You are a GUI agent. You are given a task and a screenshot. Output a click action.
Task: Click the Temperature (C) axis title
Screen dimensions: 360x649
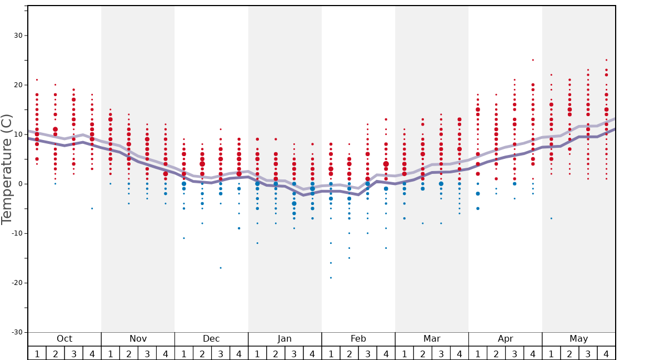tap(7, 169)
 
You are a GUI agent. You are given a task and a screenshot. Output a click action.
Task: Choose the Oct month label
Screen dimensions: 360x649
tap(64, 339)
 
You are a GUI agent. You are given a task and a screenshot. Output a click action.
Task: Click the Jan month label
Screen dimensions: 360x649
tap(284, 339)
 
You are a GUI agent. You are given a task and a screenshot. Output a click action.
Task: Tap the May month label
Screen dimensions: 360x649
tap(578, 339)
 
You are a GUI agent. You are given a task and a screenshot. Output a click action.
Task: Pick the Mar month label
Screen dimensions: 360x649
tap(432, 339)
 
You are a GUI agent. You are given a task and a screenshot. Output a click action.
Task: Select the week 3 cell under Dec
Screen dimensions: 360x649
tap(221, 353)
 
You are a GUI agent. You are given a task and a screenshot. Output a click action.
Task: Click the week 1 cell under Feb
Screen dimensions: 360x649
tap(331, 353)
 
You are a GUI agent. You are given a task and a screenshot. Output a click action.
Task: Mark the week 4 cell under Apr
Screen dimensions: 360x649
tap(533, 353)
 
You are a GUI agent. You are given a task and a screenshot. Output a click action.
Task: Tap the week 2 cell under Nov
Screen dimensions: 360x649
tap(129, 353)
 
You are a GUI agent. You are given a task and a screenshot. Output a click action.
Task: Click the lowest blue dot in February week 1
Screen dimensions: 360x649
tap(331, 278)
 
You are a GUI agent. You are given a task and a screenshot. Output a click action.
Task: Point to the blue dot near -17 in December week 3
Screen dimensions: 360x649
tap(221, 268)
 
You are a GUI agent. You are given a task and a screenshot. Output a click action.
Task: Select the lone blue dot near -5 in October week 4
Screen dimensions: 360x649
tap(92, 208)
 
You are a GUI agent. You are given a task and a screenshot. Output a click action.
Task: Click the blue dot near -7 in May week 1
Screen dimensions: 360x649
tap(551, 218)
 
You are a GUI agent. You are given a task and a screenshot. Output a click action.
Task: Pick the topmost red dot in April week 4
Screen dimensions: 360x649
tap(533, 60)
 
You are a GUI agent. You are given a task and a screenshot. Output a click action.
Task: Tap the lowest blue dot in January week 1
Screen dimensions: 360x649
tap(257, 243)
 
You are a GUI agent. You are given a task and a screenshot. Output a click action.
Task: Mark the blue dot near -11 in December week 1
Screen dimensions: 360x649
tap(184, 238)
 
